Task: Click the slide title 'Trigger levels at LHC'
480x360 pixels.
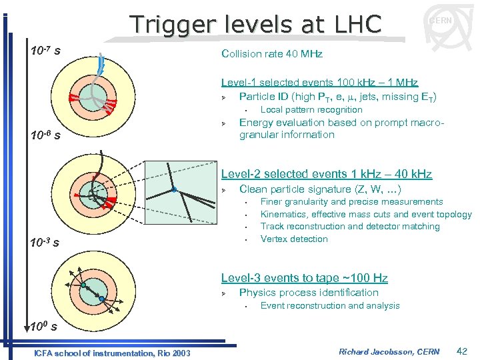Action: (x=256, y=24)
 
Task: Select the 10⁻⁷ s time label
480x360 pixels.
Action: (x=46, y=51)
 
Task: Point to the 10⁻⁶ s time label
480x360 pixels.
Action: (x=46, y=136)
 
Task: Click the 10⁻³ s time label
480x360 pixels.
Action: (x=46, y=243)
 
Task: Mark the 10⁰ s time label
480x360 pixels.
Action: (x=45, y=327)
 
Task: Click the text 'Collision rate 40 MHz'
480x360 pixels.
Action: (x=271, y=54)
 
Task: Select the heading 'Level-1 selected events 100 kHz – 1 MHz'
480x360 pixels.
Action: (x=319, y=83)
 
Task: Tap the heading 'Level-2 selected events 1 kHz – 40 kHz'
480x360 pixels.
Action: (x=326, y=175)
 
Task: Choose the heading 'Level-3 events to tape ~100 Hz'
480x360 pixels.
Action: (x=304, y=278)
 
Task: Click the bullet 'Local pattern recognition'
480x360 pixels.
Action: (x=311, y=110)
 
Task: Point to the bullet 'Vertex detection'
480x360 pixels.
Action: (x=294, y=239)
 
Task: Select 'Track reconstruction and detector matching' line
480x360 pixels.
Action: (x=350, y=227)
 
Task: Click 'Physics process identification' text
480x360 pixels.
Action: (x=309, y=293)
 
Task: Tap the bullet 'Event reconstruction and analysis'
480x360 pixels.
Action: (x=330, y=306)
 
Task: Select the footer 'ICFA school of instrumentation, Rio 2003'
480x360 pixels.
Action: (x=111, y=353)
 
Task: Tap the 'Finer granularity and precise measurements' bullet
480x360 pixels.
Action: (x=351, y=202)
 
